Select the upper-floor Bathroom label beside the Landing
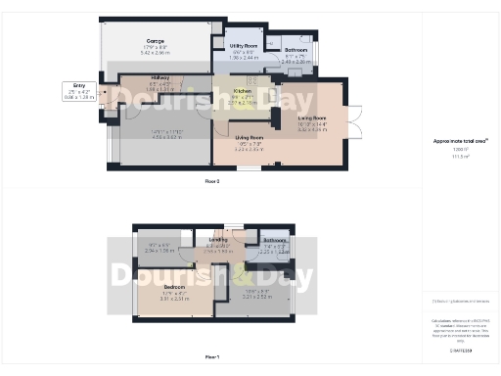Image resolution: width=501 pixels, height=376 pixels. (x=274, y=240)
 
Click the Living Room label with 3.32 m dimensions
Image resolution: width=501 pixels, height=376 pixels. (x=311, y=117)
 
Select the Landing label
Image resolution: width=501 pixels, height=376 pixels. (x=218, y=239)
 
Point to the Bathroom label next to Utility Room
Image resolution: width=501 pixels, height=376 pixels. (x=296, y=50)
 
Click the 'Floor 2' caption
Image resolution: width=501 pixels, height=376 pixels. (x=211, y=182)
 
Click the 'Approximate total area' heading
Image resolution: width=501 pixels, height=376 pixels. (x=461, y=141)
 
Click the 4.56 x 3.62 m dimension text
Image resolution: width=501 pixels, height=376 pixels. (x=159, y=138)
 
